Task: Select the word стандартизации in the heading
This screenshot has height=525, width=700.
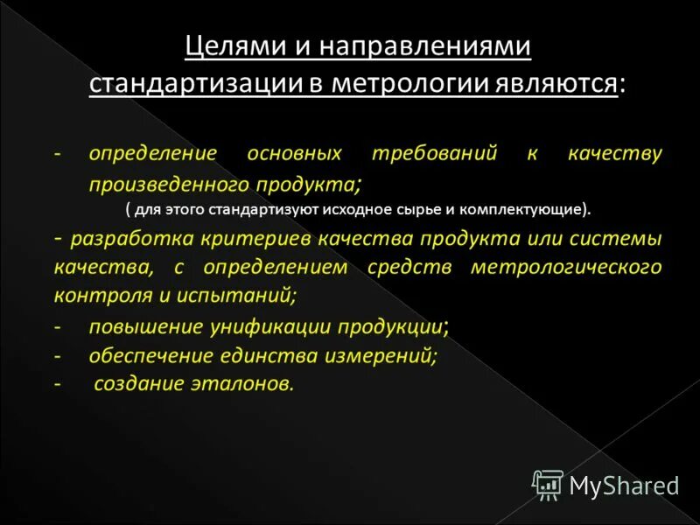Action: (188, 84)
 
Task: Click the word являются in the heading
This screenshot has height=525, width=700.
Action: (563, 84)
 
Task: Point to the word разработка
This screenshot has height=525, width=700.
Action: (123, 238)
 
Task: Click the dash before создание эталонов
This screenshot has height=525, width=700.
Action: (58, 384)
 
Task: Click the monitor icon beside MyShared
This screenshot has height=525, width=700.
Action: (548, 485)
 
